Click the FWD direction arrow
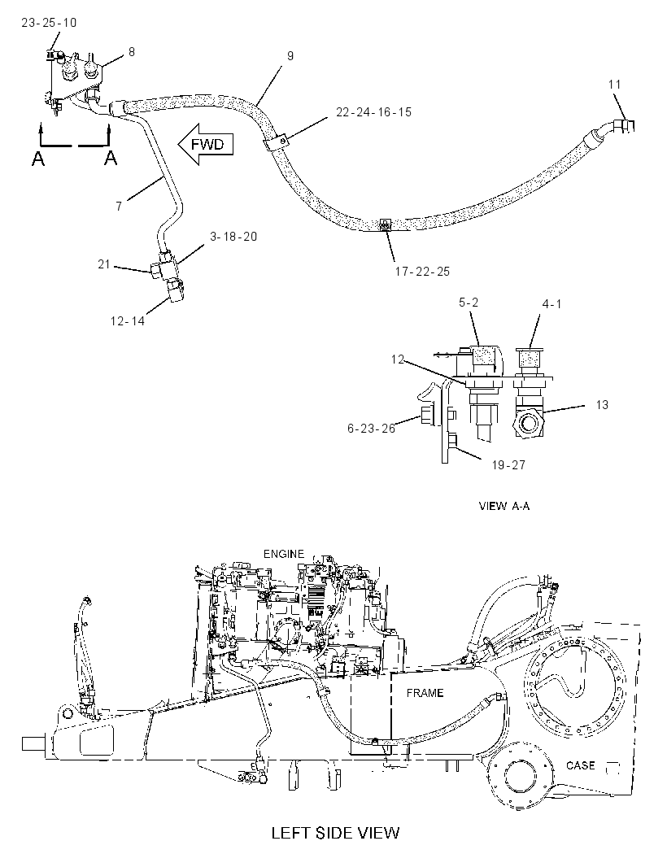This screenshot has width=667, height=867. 206,145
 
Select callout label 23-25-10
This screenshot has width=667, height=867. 49,23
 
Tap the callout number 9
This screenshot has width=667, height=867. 290,56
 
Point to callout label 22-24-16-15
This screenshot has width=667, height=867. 374,112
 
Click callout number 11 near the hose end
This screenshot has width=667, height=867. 614,85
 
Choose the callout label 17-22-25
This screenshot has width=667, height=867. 422,272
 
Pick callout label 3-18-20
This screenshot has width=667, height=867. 233,237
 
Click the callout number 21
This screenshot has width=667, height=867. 105,265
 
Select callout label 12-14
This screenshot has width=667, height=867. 127,321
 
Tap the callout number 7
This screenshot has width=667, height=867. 119,207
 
